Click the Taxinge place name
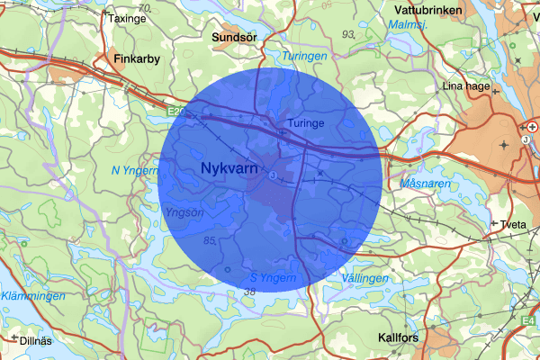click(126, 17)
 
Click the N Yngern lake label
click(135, 169)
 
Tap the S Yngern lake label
click(273, 277)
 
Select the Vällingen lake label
click(364, 279)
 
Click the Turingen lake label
click(305, 56)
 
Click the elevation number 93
click(349, 33)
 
